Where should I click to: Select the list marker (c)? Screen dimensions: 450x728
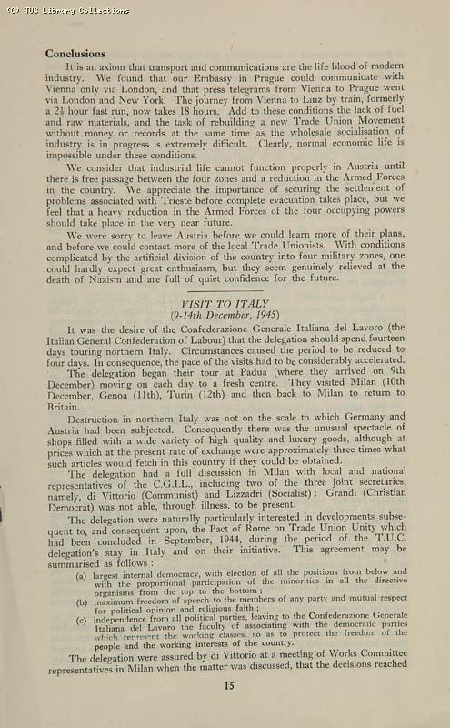[82, 620]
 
